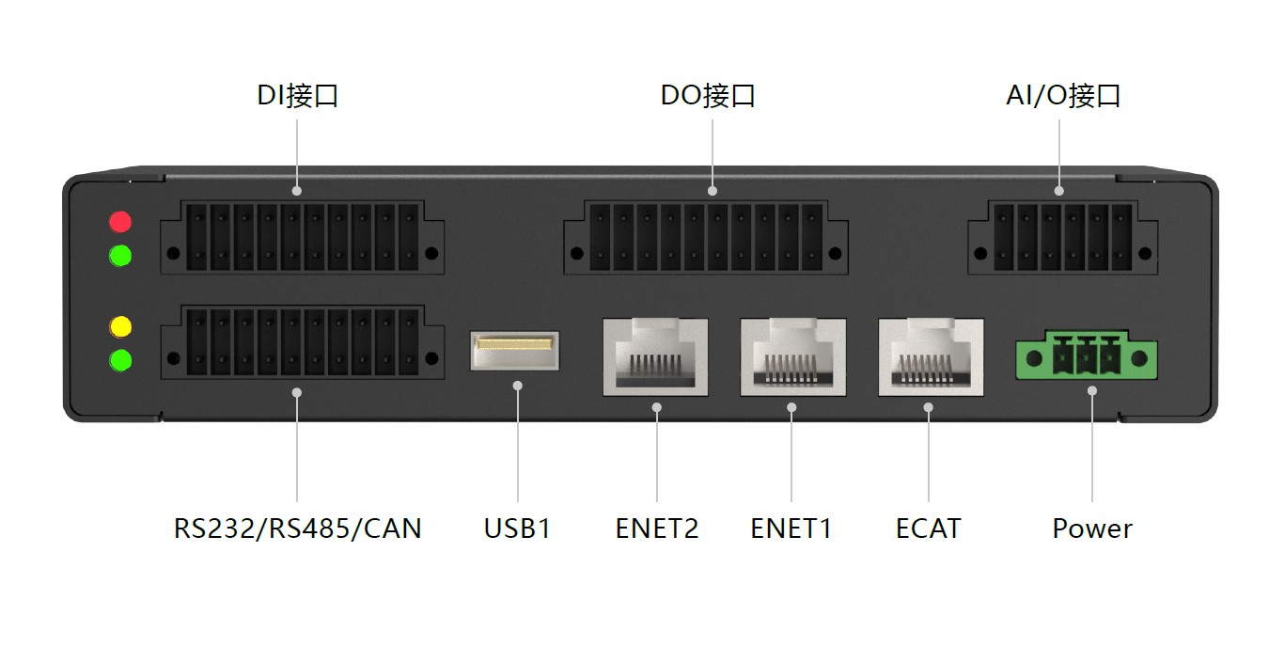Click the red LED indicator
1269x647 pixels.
pos(120,222)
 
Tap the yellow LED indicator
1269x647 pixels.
pos(120,327)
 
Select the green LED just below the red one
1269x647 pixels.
pos(120,256)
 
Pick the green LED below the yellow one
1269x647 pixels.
pos(120,360)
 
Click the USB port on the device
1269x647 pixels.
pos(514,351)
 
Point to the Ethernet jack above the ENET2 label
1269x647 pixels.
pos(655,357)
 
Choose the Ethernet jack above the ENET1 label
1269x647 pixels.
pos(793,357)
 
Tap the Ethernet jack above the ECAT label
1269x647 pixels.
pos(931,357)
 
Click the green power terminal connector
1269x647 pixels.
pos(1087,355)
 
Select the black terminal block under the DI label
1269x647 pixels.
pos(302,237)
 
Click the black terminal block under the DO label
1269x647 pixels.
pos(706,237)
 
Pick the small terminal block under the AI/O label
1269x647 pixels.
pos(1063,237)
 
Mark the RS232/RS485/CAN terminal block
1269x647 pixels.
pos(302,342)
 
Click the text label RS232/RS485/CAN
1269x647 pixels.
pos(297,529)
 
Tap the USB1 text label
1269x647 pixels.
pos(517,529)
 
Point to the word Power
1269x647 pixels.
pos(1092,529)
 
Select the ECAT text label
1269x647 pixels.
pos(929,529)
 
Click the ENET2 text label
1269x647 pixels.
pos(657,529)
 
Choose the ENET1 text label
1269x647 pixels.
pos(791,529)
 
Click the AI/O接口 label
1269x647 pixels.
pos(1063,95)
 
